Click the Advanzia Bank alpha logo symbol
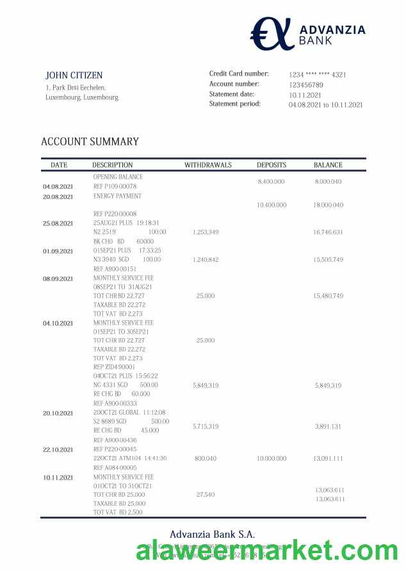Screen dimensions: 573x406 pos(270,33)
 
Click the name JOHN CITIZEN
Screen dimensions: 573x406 pos(74,76)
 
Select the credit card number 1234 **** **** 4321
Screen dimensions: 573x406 pos(317,75)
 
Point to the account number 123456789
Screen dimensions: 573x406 pos(306,85)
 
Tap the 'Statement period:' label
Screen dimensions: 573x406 pos(235,104)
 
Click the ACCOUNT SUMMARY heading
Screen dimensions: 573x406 pos(90,142)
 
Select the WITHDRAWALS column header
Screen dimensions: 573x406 pos(208,165)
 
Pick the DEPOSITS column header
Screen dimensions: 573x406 pos(272,165)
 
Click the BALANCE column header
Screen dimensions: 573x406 pos(328,165)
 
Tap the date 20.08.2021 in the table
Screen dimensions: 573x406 pos(58,197)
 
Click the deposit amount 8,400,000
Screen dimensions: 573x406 pos(271,182)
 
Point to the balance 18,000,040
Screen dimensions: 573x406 pos(329,205)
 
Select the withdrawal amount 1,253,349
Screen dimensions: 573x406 pos(206,232)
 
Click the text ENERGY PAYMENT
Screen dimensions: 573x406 pos(117,196)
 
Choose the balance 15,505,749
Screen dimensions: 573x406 pos(329,259)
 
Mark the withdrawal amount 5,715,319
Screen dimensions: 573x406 pos(206,426)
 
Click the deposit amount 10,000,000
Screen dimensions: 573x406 pos(271,458)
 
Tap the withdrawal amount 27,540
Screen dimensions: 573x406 pos(206,494)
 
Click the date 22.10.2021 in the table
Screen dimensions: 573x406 pos(58,450)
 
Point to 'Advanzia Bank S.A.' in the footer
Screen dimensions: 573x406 pos(212,535)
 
